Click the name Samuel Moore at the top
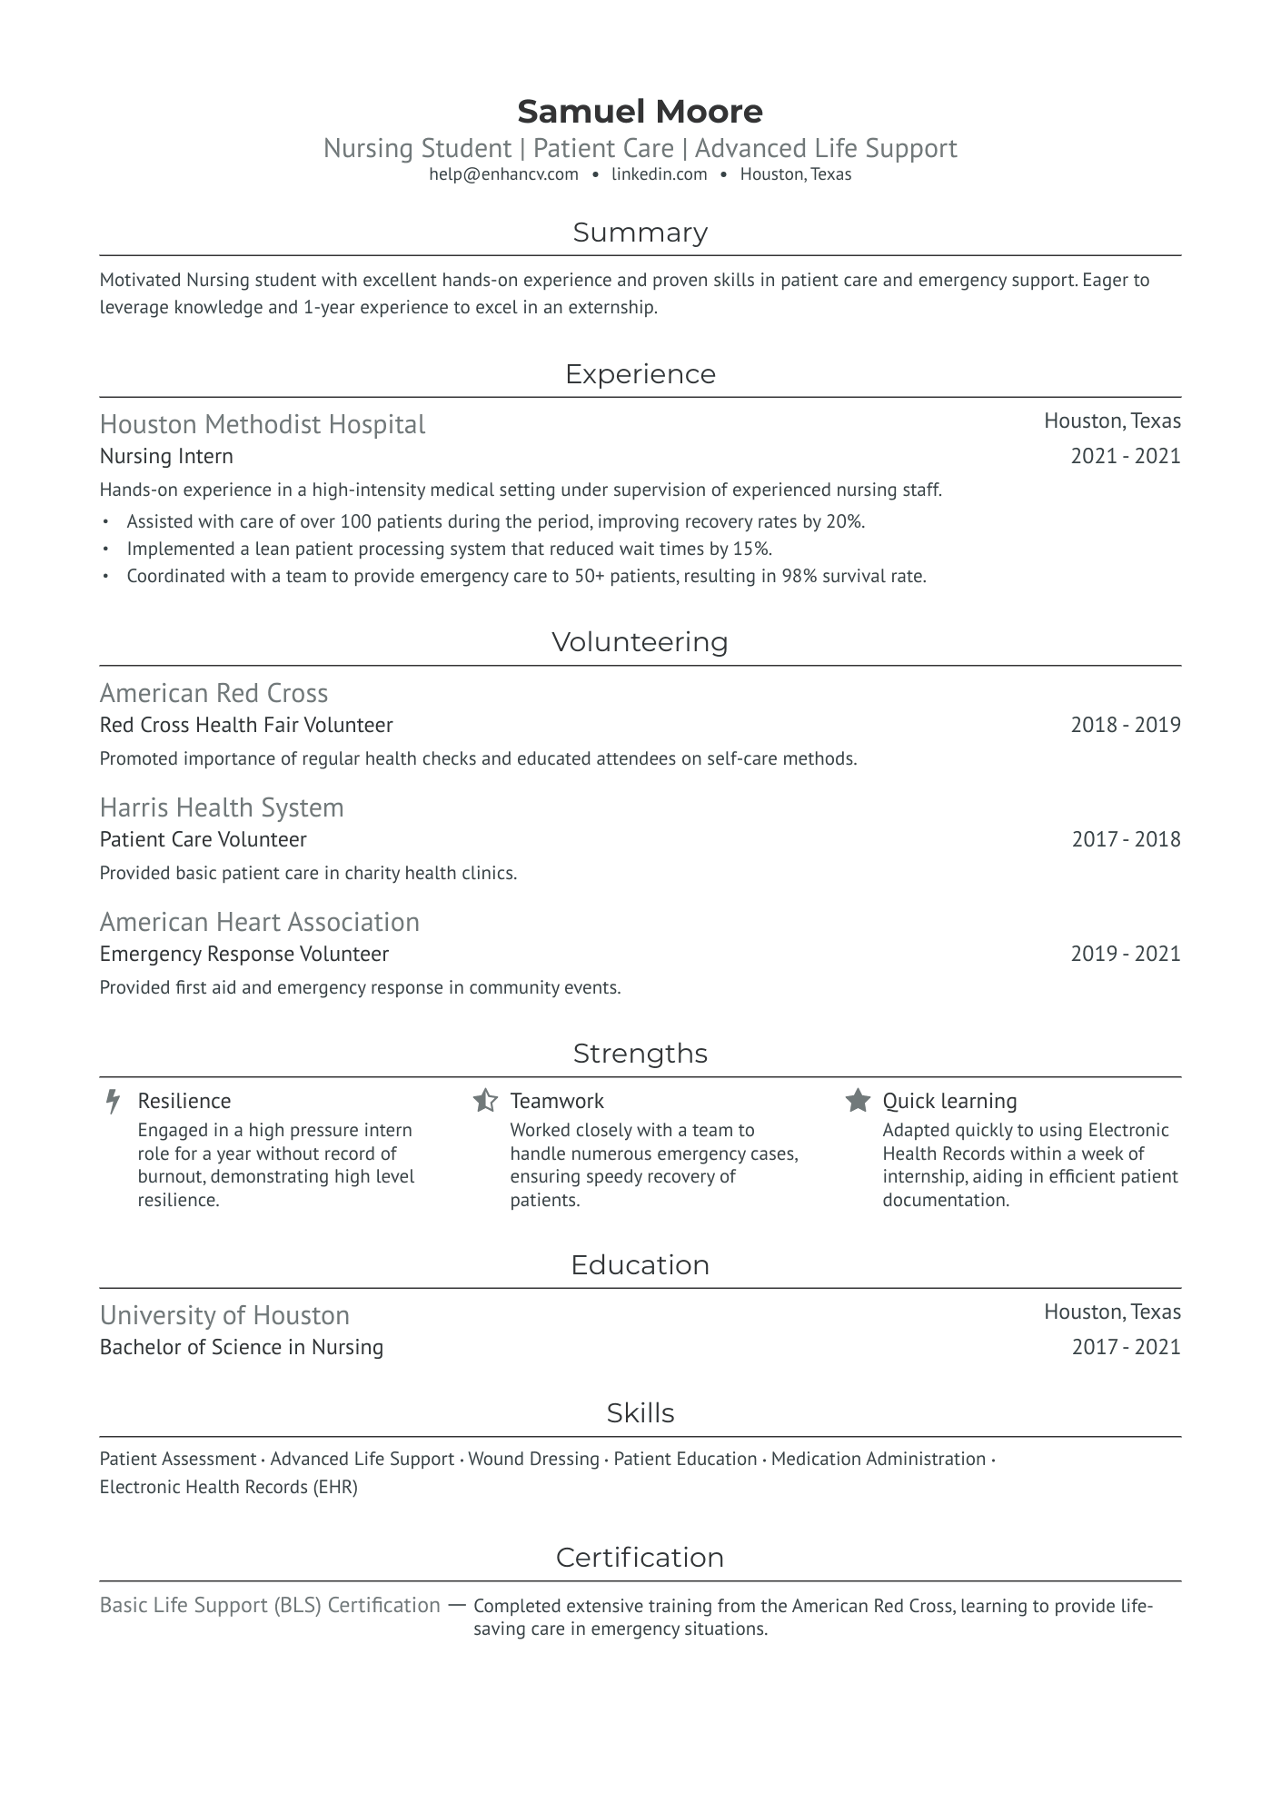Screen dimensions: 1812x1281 640,112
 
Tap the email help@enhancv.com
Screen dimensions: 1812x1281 503,174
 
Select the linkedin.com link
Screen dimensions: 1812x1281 659,174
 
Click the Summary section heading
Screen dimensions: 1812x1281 640,233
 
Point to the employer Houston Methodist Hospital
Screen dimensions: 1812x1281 262,424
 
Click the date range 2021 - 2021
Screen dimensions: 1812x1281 1125,456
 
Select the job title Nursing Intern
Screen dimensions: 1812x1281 166,456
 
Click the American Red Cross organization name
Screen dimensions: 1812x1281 213,693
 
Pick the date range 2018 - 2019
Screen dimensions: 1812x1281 1125,725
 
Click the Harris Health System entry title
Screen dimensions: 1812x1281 222,807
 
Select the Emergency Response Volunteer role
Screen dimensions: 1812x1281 243,954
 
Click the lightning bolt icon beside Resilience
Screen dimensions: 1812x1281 113,1101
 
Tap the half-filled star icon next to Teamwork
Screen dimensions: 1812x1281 485,1101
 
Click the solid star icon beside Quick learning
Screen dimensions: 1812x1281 858,1101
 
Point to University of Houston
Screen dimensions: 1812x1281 224,1315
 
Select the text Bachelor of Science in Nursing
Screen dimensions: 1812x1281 241,1347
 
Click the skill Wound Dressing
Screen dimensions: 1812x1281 533,1459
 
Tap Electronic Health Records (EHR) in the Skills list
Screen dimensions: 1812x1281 228,1487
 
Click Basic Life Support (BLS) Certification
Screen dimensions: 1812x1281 270,1605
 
